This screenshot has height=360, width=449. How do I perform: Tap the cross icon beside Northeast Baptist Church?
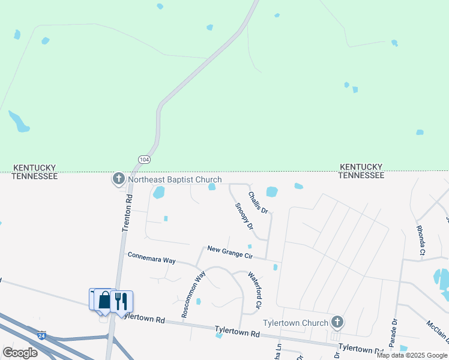[118, 179]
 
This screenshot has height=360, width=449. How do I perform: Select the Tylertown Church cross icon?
[337, 322]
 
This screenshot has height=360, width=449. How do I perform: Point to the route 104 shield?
[144, 159]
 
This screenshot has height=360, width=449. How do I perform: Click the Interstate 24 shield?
[41, 335]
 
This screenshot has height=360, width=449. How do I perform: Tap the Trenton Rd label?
[127, 213]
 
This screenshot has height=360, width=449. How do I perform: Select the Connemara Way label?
[151, 257]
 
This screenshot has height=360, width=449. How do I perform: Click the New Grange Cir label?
[230, 252]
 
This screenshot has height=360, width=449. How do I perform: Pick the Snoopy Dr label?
[244, 217]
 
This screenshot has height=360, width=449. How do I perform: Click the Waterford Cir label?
[256, 291]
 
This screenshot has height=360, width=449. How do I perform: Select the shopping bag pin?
[104, 299]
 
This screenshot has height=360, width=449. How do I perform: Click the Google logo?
[20, 353]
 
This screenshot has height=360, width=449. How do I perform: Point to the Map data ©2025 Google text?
[412, 355]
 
